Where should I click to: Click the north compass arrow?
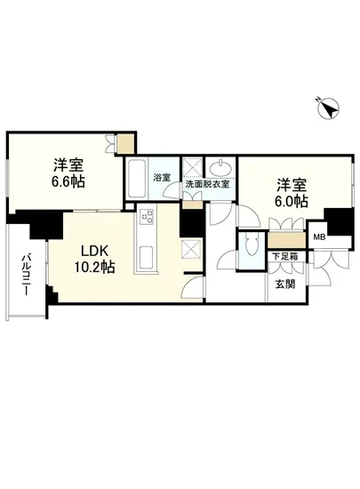pyautogui.click(x=332, y=109)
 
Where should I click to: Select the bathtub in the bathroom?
pyautogui.click(x=137, y=181)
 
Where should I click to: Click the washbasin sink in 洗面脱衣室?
pyautogui.click(x=218, y=168)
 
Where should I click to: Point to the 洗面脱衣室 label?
pyautogui.click(x=207, y=185)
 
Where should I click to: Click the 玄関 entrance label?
pyautogui.click(x=284, y=284)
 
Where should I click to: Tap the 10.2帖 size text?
pyautogui.click(x=93, y=266)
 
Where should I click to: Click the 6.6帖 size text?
pyautogui.click(x=68, y=181)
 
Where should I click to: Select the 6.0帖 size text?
pyautogui.click(x=291, y=203)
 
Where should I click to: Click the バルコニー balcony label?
pyautogui.click(x=24, y=275)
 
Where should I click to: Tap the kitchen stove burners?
pyautogui.click(x=147, y=217)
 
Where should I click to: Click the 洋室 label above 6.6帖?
pyautogui.click(x=68, y=164)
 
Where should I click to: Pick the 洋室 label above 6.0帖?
pyautogui.click(x=291, y=185)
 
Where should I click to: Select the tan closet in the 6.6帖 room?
pyautogui.click(x=126, y=140)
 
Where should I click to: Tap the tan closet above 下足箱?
pyautogui.click(x=284, y=240)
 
